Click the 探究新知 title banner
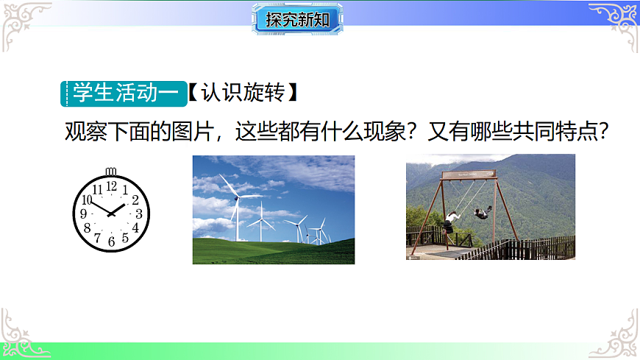[298, 19]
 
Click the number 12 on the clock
[111, 187]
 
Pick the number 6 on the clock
[111, 241]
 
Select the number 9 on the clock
[84, 213]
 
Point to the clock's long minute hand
[99, 208]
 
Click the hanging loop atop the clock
[111, 172]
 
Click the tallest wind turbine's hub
[236, 194]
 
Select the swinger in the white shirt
[451, 218]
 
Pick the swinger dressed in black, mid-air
[481, 213]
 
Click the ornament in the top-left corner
[22, 22]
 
